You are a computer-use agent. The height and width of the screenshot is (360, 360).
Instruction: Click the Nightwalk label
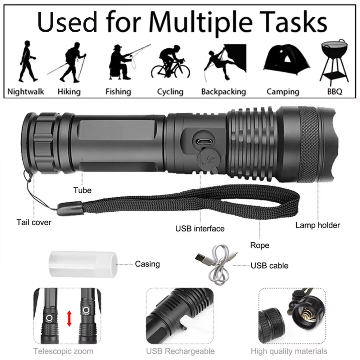(26, 91)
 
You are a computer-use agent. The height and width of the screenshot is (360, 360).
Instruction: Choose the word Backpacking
(223, 91)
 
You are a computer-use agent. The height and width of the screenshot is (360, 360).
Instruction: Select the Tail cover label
(34, 222)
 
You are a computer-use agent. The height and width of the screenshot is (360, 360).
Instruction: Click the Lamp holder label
(318, 225)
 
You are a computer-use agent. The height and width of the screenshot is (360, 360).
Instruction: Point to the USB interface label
(200, 229)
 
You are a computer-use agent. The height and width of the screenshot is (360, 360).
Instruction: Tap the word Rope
(260, 246)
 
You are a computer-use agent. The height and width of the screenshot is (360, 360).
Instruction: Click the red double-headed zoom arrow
(69, 319)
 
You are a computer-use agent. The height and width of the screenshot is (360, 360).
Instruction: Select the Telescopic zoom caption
(63, 351)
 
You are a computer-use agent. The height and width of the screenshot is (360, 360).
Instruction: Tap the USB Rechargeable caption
(180, 351)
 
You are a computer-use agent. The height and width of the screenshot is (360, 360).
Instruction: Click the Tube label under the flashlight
(82, 190)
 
